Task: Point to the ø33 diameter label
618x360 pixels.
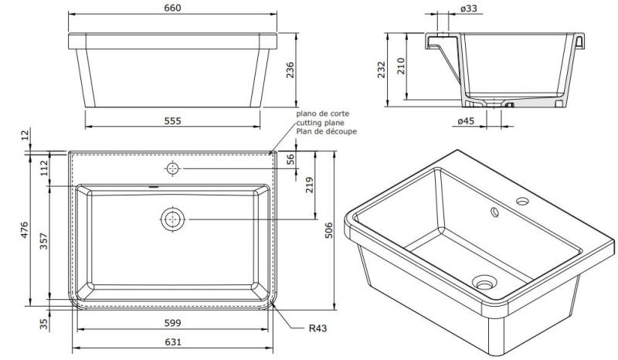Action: pyautogui.click(x=467, y=8)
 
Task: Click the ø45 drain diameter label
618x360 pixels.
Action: pyautogui.click(x=465, y=121)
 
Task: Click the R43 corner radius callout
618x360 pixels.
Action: pyautogui.click(x=317, y=328)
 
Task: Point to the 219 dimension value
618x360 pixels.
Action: pyautogui.click(x=309, y=186)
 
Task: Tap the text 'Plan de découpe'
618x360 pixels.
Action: pyautogui.click(x=324, y=131)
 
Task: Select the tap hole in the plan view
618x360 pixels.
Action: pyautogui.click(x=171, y=168)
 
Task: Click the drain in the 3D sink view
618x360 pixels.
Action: pyautogui.click(x=484, y=284)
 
